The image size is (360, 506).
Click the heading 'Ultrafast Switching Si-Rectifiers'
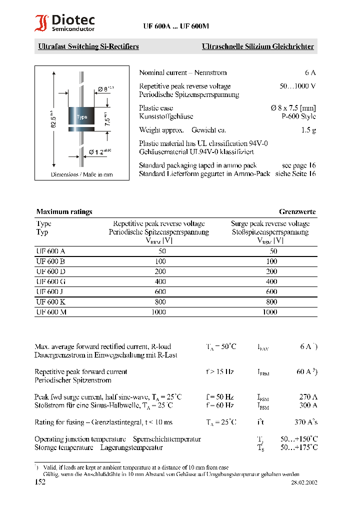pos(88,47)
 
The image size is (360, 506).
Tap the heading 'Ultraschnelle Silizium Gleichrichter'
pos(257,47)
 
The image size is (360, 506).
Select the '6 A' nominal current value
pos(310,72)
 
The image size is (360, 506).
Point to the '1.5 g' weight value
pos(308,130)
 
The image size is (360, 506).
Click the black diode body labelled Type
pos(80,117)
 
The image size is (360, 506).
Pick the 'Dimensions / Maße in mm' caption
pos(81,174)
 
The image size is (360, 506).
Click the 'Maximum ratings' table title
pos(64,212)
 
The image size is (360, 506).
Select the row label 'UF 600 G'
pos(51,281)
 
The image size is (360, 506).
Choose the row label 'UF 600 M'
pos(51,312)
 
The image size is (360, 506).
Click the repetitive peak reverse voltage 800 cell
pos(158,302)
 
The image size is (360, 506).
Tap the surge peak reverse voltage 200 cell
pos(271,271)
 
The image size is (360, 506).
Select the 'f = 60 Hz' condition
pos(219,405)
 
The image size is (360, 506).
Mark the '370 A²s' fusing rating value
pos(305,422)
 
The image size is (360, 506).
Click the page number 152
pos(40,482)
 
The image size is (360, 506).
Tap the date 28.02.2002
pos(304,483)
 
